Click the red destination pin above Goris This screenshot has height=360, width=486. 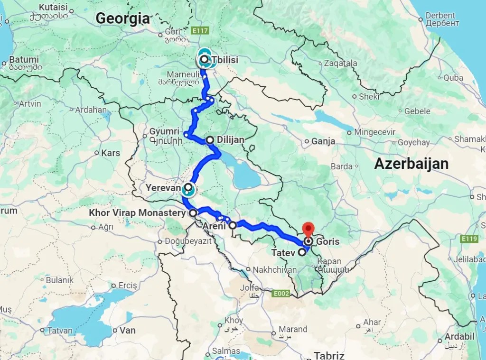click(x=308, y=229)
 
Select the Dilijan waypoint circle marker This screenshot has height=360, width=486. click(x=210, y=140)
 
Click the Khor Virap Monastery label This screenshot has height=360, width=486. click(x=137, y=213)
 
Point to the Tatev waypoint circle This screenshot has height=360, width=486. click(x=302, y=252)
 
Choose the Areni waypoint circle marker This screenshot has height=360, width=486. click(x=233, y=226)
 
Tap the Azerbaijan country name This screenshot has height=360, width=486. click(x=411, y=164)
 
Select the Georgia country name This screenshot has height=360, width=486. click(x=122, y=18)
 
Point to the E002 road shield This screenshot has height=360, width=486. click(x=281, y=294)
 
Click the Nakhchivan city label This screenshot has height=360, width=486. click(x=271, y=269)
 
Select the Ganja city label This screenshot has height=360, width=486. click(x=323, y=141)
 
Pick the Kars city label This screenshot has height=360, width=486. click(x=111, y=153)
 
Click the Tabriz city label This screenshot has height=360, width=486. click(x=329, y=356)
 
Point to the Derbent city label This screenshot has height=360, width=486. click(x=440, y=16)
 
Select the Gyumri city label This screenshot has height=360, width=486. click(x=164, y=131)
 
